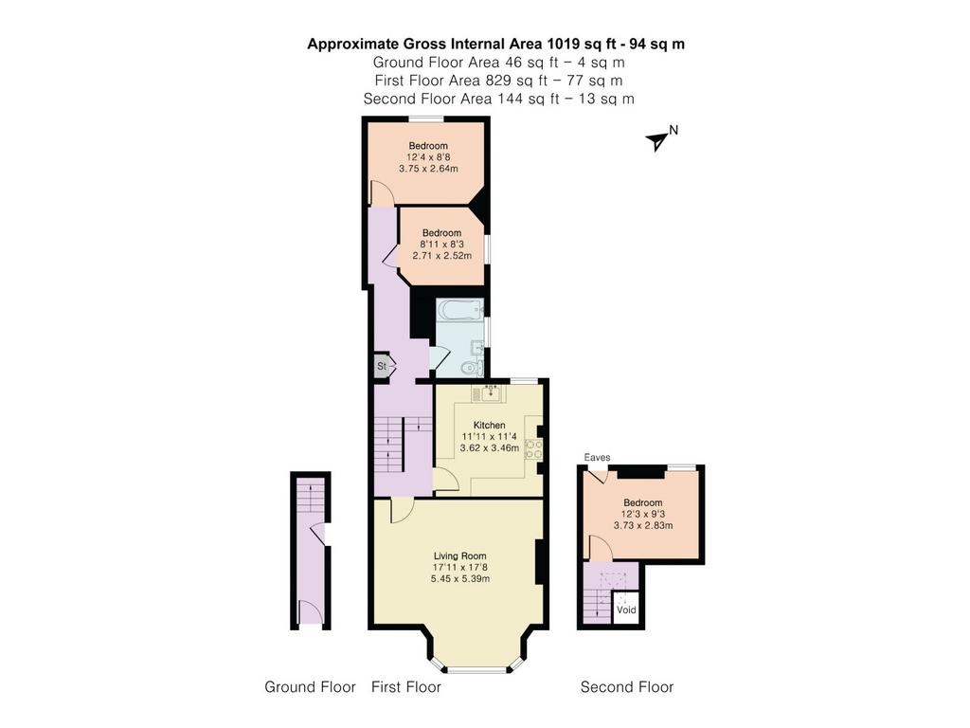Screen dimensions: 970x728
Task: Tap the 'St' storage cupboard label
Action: point(382,366)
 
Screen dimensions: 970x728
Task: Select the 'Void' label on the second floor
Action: point(626,610)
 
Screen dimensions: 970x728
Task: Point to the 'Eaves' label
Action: point(597,458)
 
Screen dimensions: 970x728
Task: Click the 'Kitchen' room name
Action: point(490,426)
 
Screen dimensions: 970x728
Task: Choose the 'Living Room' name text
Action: point(459,555)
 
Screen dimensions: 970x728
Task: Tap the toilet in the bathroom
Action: point(473,369)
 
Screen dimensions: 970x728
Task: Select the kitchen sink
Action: point(492,391)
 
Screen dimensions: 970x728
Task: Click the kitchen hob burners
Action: point(533,448)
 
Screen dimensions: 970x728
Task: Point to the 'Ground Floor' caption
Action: point(310,687)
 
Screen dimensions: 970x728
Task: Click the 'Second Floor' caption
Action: point(627,687)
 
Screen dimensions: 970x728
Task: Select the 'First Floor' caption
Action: point(405,687)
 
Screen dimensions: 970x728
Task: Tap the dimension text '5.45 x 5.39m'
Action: point(460,579)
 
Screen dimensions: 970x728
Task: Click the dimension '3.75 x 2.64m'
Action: point(428,169)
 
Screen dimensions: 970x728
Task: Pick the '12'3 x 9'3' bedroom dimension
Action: point(643,514)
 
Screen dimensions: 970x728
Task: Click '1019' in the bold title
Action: point(562,44)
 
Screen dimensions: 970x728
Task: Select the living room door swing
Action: point(403,510)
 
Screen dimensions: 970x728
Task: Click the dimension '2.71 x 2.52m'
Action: point(441,256)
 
